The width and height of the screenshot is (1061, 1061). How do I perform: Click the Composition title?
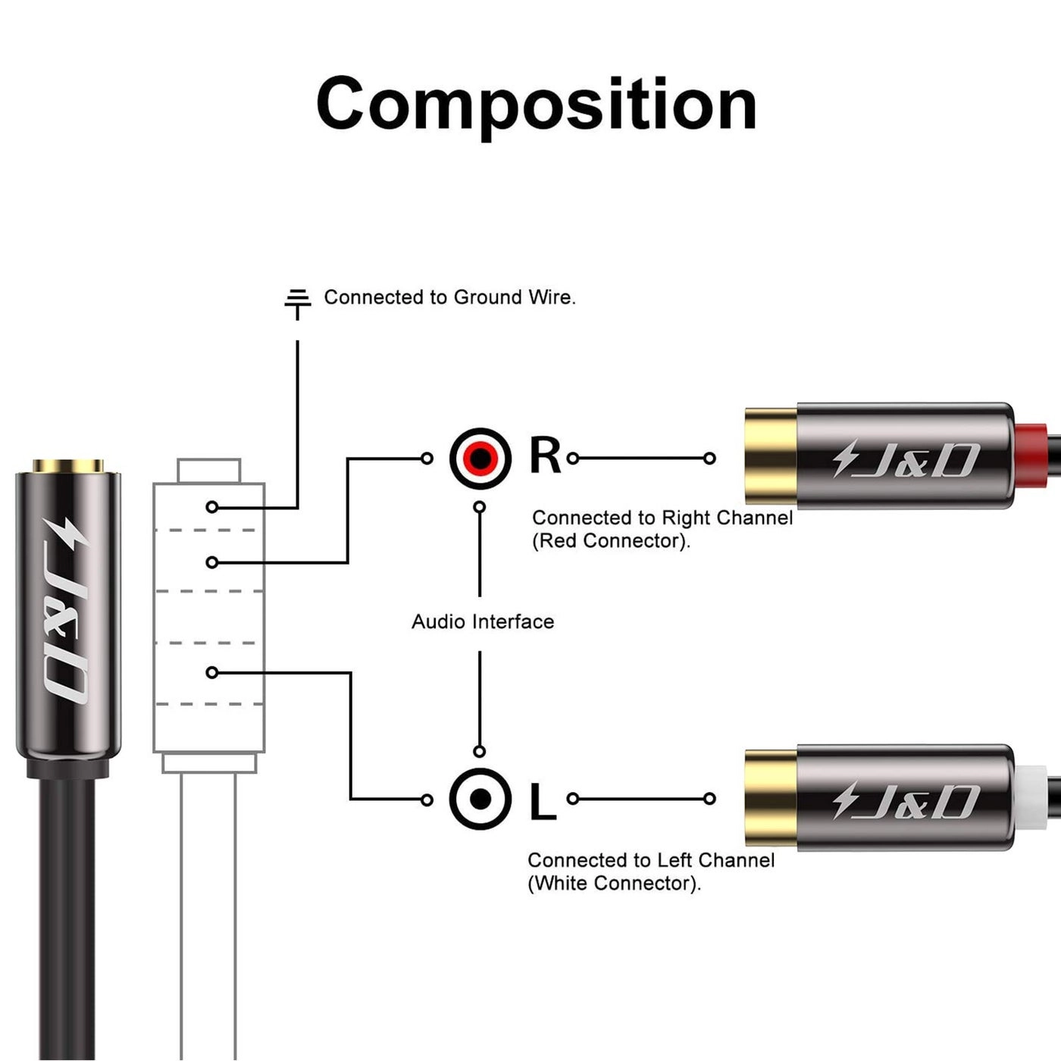(x=536, y=104)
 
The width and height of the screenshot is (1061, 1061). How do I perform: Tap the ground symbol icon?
(x=298, y=303)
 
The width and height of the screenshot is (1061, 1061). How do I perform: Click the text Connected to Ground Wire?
(x=449, y=297)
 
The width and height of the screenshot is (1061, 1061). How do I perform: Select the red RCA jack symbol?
(x=480, y=458)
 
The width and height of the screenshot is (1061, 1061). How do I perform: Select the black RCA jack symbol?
(x=480, y=799)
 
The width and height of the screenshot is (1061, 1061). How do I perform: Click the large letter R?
(x=545, y=456)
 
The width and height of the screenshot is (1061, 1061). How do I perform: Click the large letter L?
(x=542, y=802)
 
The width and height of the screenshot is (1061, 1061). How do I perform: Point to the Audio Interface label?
(x=483, y=622)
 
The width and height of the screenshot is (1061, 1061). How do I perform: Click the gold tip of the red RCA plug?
(x=770, y=456)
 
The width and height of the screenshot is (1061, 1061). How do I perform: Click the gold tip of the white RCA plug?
(x=770, y=798)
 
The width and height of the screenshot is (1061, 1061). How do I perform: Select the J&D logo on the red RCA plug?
(x=906, y=459)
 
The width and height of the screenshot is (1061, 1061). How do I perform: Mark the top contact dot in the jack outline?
(x=212, y=507)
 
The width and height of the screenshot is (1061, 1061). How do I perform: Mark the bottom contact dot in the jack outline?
(x=212, y=673)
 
